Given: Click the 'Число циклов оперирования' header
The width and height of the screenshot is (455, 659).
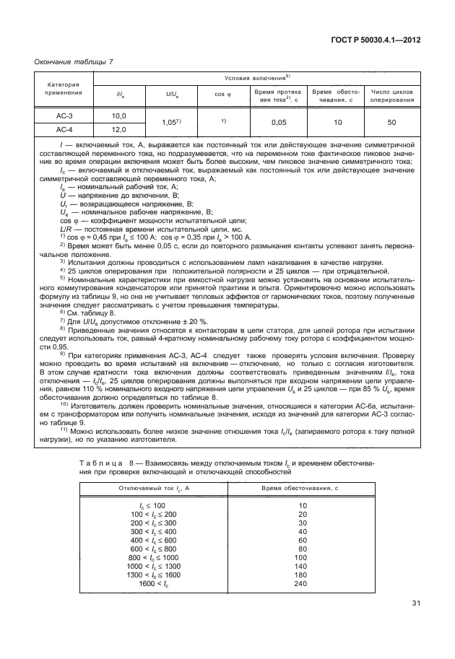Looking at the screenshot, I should [x=392, y=96].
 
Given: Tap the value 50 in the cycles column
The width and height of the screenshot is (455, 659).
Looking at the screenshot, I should [x=391, y=123].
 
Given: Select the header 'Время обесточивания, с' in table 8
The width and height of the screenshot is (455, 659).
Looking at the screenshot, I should [x=303, y=489].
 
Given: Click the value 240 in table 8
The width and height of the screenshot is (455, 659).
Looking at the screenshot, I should [x=303, y=583].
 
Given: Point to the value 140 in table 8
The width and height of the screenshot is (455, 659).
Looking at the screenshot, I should [x=303, y=566].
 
